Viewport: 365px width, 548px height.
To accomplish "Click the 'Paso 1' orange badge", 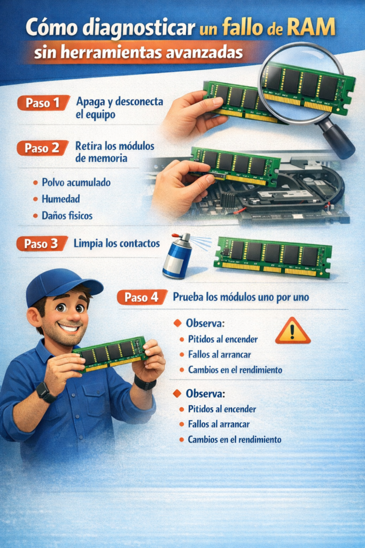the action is click(x=44, y=103).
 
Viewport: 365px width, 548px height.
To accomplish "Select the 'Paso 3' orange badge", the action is click(x=42, y=243).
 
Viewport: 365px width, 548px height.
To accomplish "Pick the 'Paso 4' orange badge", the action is click(x=142, y=297).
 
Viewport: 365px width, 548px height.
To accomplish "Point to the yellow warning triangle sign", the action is click(x=293, y=331).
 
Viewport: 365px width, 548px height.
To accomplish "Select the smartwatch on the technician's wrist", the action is click(x=45, y=392).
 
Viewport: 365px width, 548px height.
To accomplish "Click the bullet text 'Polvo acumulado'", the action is click(x=76, y=182).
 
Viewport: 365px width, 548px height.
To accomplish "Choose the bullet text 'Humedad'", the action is click(x=61, y=199).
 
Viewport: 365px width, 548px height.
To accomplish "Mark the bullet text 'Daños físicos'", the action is click(x=67, y=215).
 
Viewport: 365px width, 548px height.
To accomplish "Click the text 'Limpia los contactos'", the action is click(x=117, y=243).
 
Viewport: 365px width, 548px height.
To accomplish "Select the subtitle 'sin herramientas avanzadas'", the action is click(x=138, y=53).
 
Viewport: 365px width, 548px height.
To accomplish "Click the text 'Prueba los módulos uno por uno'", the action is click(x=241, y=297).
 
